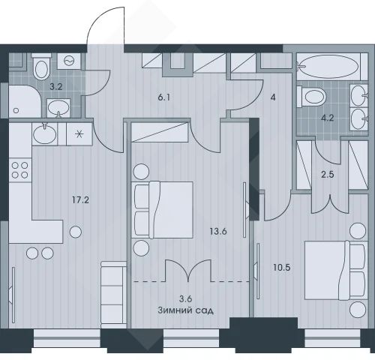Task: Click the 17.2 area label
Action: point(80,200)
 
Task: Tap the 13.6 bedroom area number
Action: point(218,232)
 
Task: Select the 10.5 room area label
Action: point(282,268)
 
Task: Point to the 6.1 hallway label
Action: point(164,97)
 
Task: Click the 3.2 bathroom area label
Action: point(55,87)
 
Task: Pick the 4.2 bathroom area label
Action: point(327,118)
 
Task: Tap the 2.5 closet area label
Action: point(328,174)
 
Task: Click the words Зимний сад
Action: point(186,310)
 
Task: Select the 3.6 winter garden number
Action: point(185,298)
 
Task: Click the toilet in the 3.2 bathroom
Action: point(41,67)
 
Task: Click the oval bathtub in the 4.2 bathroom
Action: point(328,66)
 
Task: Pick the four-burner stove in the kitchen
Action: point(20,170)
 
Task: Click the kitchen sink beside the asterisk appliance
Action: point(45,134)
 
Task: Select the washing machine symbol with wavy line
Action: point(69,61)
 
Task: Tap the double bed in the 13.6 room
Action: point(162,210)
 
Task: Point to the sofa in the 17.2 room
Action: point(114,295)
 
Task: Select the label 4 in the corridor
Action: point(273,97)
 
